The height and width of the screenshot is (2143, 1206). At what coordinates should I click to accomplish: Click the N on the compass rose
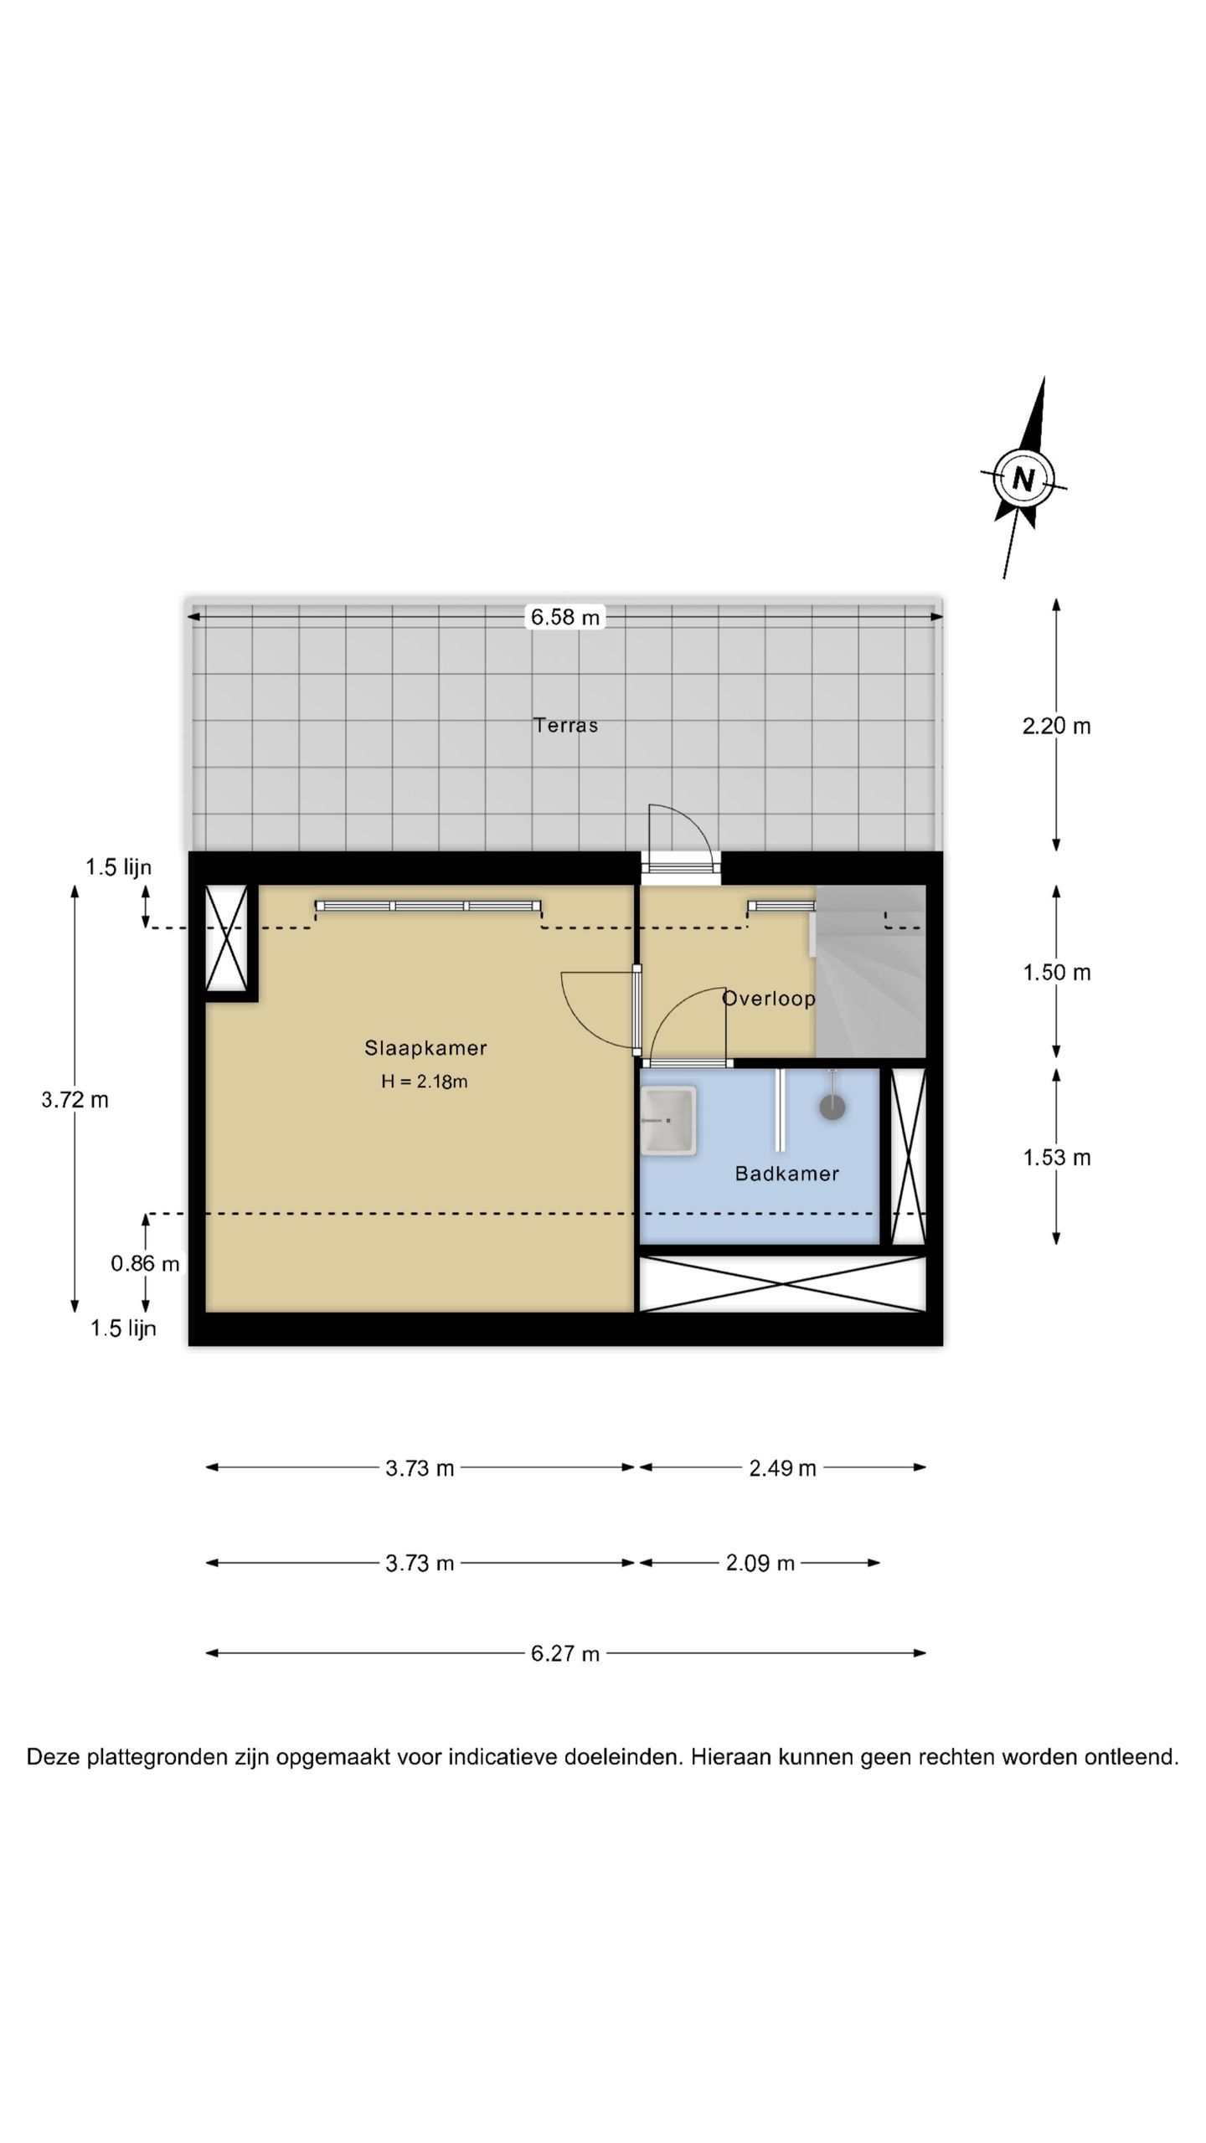tap(1023, 479)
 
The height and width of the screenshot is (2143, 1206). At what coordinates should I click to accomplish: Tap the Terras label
tap(566, 725)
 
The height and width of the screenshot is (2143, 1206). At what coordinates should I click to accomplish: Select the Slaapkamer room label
tap(425, 1047)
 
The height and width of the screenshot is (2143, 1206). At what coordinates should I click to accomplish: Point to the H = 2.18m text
tap(425, 1081)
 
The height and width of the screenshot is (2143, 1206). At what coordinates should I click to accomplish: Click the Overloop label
tap(769, 998)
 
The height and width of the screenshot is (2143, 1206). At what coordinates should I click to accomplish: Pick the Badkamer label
tap(787, 1173)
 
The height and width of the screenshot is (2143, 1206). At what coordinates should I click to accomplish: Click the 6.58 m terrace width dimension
tap(565, 617)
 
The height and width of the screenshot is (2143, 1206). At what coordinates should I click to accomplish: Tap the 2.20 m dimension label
tap(1056, 726)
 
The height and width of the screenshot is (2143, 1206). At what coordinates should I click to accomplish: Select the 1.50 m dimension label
tap(1056, 972)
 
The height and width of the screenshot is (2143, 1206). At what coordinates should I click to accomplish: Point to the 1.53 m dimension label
tap(1056, 1157)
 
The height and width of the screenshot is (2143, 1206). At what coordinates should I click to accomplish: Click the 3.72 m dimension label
tap(75, 1099)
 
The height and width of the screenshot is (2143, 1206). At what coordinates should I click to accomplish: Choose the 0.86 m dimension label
tap(146, 1263)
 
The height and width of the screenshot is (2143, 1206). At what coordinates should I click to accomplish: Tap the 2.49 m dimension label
tap(782, 1467)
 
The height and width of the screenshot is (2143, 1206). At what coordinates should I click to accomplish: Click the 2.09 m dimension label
tap(760, 1563)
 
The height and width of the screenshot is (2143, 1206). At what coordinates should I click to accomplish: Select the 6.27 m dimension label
tap(565, 1653)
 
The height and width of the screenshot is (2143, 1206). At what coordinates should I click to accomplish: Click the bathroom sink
tap(668, 1120)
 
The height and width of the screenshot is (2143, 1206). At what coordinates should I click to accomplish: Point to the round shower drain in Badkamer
tap(832, 1107)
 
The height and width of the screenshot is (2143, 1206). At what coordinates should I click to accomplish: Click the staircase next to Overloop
tap(871, 971)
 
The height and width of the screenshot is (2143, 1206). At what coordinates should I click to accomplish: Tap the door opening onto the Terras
tap(680, 840)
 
